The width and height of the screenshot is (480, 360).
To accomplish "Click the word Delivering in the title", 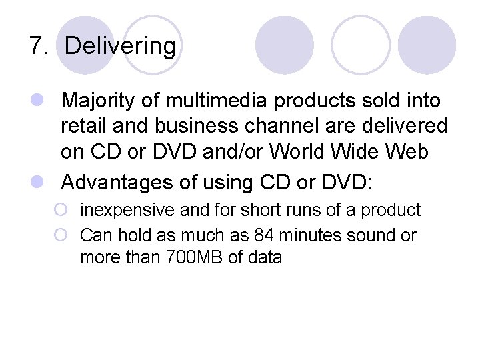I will (121, 47).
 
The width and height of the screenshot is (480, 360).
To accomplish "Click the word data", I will (264, 257).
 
